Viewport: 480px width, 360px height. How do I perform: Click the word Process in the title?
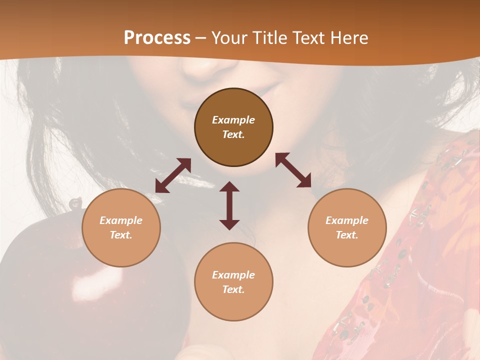(x=157, y=37)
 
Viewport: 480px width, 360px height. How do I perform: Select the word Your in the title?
(x=228, y=37)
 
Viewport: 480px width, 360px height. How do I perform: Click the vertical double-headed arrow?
(x=229, y=205)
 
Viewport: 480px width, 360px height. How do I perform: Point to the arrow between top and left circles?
(x=173, y=175)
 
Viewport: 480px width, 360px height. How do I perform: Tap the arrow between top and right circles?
(x=293, y=170)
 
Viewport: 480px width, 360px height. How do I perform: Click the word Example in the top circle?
(x=233, y=120)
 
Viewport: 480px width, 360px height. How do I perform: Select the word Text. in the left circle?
(x=121, y=235)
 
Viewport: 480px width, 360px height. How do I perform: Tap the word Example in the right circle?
(x=347, y=220)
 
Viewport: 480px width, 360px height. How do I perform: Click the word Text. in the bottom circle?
(x=233, y=289)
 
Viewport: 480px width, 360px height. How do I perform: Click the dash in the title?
(x=200, y=38)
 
